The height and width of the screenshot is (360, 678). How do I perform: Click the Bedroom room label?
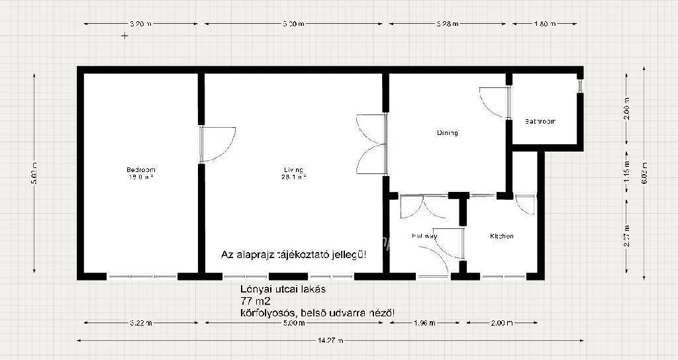[141, 169]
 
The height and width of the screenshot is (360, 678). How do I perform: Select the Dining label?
[447, 133]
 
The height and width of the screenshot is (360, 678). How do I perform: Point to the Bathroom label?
[540, 122]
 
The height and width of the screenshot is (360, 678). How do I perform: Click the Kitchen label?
[501, 236]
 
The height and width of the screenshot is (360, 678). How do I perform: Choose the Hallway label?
[424, 236]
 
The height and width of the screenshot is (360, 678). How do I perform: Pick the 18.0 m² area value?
[141, 177]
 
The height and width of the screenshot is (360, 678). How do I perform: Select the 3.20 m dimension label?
[140, 24]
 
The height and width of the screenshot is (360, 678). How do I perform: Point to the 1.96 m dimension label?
[424, 324]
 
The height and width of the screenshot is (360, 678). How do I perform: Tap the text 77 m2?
[252, 300]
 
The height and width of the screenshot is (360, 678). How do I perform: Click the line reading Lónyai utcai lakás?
[283, 289]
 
